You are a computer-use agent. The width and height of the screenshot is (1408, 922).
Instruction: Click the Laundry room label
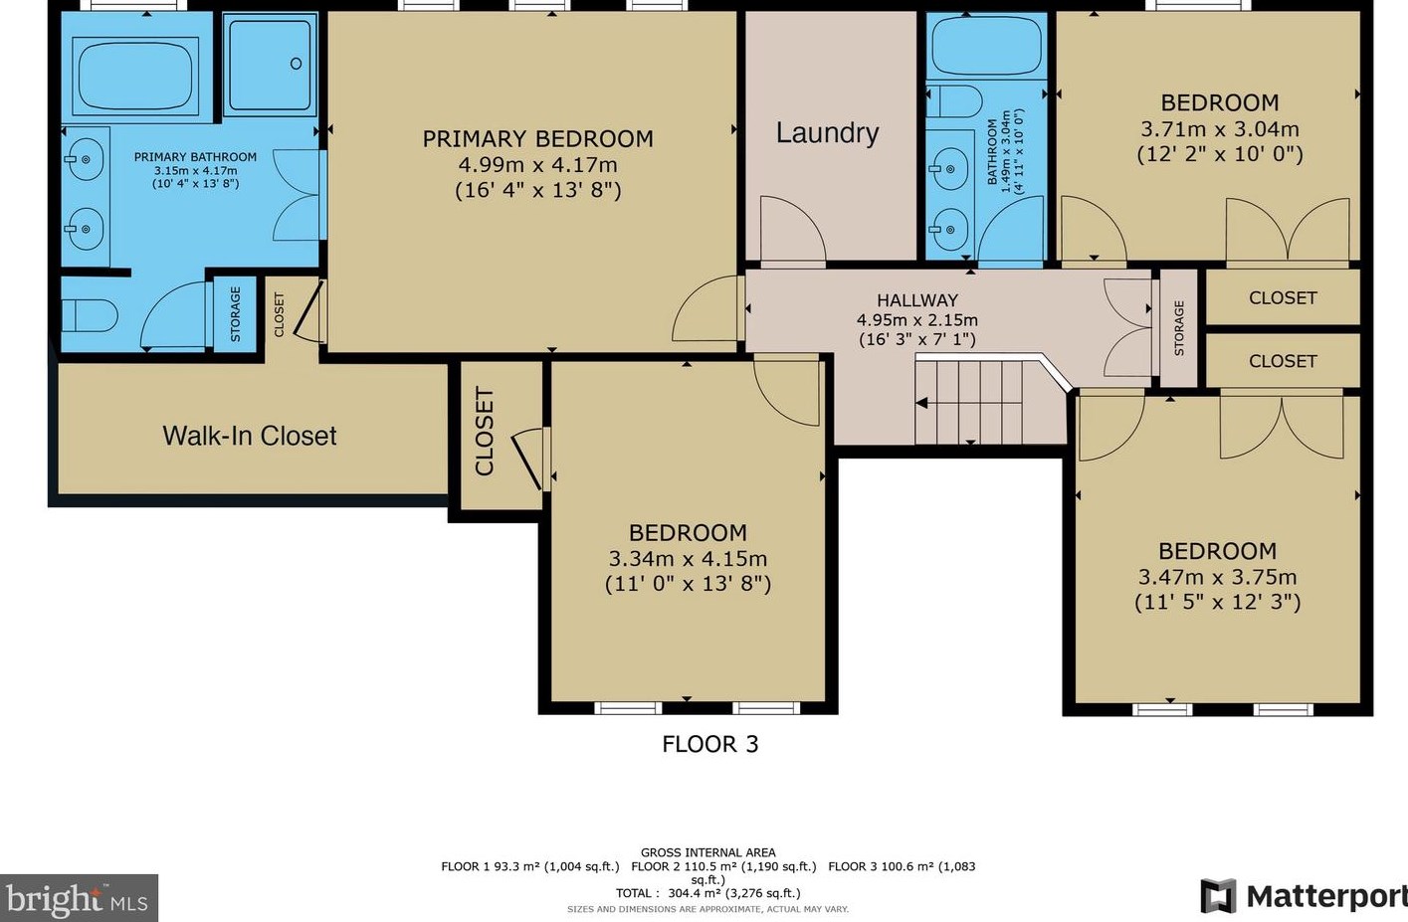827,133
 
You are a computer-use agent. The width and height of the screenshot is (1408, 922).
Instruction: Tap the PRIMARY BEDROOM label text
537,139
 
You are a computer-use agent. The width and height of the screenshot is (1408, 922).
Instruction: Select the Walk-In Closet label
249,436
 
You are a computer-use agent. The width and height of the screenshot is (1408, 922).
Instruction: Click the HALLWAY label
916,300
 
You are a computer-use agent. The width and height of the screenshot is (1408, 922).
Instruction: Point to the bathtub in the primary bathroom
137,76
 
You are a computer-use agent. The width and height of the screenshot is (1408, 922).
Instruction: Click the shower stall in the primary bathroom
271,64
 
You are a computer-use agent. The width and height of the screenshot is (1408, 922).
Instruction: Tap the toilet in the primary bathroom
90,316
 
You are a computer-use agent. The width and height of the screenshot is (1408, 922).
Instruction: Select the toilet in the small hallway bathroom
955,100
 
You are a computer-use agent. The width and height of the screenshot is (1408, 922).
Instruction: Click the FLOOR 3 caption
709,744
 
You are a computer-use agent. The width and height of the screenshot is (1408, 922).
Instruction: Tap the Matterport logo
1304,896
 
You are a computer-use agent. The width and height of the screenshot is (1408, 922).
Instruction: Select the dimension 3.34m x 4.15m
688,559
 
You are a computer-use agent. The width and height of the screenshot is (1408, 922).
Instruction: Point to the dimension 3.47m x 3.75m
1217,577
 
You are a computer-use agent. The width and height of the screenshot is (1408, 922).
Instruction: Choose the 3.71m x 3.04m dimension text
1219,129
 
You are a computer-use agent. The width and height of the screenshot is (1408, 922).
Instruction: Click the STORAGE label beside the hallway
1179,328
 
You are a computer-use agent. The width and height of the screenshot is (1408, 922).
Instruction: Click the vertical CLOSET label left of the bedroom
485,432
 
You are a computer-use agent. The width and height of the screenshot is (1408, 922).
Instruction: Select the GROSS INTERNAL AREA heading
707,852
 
